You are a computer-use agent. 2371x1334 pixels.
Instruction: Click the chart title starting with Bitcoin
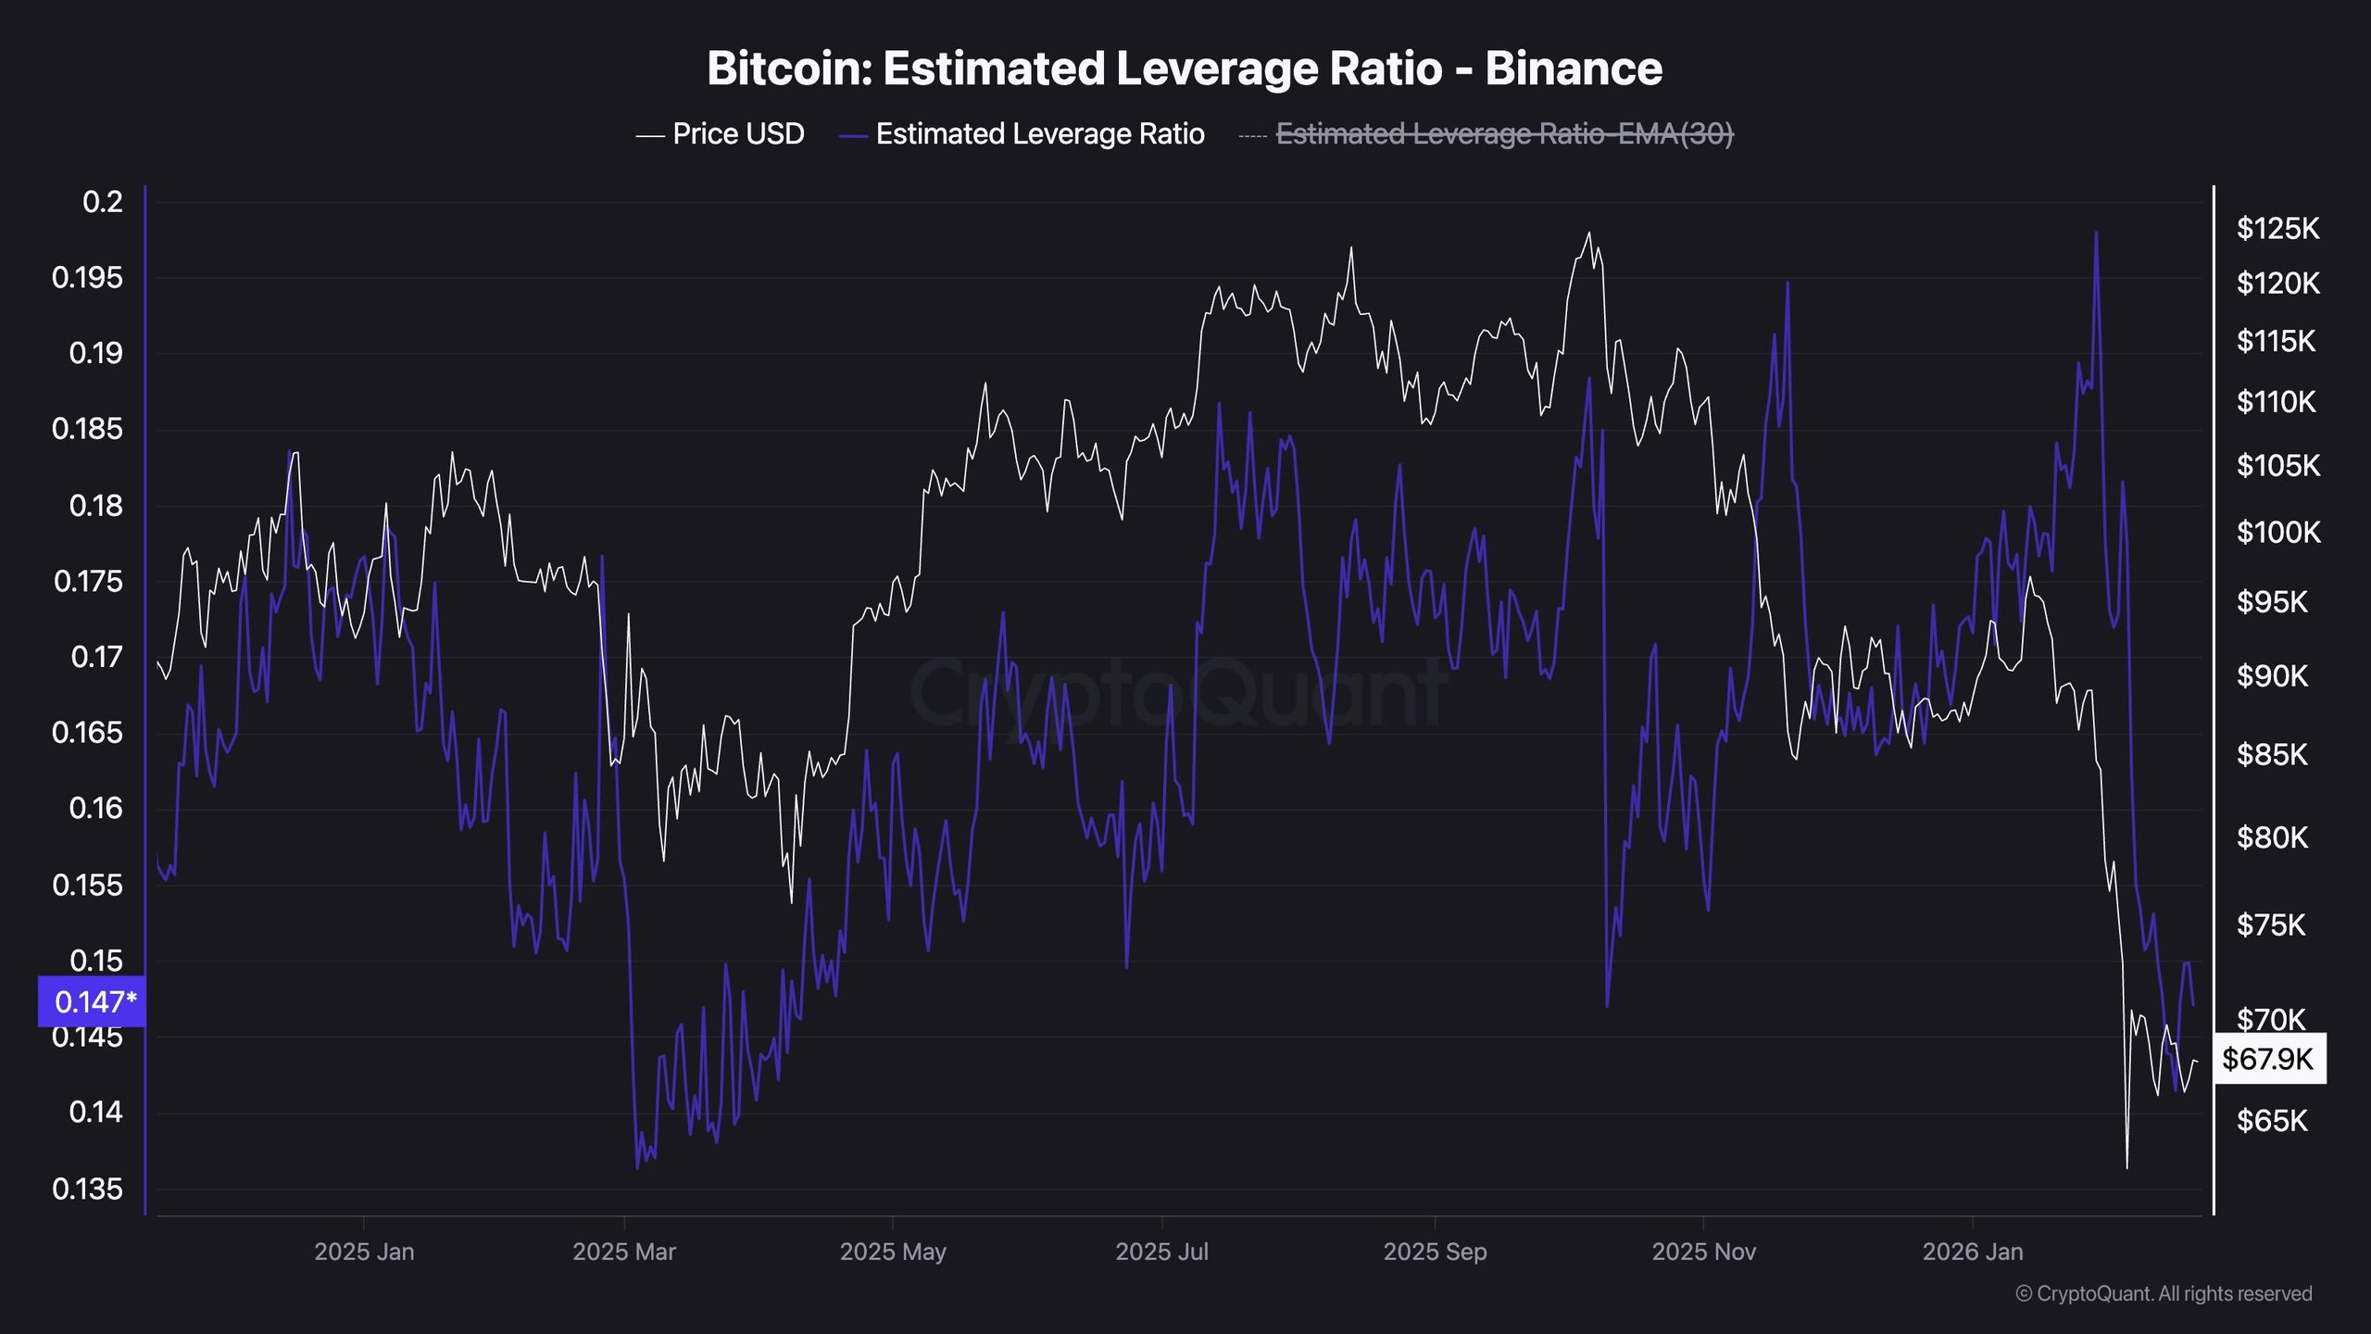1185,69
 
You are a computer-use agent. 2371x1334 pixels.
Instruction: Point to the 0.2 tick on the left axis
102,202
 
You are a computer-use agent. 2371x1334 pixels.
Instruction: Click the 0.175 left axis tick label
88,582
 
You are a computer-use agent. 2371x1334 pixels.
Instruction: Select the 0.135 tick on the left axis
88,1189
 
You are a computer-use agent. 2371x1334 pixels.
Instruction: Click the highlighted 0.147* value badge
92,1001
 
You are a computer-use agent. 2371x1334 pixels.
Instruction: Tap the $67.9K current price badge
2268,1059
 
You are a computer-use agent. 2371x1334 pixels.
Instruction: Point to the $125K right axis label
2277,228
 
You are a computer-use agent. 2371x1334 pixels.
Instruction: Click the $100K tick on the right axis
2277,533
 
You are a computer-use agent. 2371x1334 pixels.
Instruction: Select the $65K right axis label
2272,1121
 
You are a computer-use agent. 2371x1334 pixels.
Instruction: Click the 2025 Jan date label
364,1252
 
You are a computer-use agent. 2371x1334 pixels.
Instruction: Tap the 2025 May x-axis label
893,1252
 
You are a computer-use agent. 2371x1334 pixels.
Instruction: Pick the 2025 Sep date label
1435,1252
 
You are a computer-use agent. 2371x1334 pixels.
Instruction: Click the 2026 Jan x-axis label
1973,1252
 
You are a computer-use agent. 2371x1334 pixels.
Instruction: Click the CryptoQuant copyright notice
2164,1294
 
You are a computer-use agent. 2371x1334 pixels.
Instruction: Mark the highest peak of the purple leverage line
2096,233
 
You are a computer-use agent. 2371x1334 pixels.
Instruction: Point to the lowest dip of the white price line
2126,1168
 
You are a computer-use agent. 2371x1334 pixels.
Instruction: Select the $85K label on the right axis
2272,755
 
